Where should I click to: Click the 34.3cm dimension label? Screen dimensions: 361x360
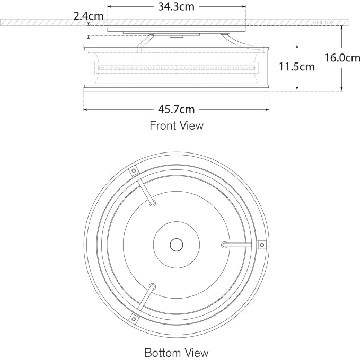tap(176, 7)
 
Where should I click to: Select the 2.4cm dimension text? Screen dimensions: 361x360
tap(89, 16)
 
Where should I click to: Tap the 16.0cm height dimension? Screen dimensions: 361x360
tap(342, 58)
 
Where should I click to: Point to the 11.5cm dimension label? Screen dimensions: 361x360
tap(297, 67)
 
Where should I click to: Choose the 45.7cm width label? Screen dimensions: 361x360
tap(177, 109)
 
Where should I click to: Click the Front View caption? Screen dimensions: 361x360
tap(177, 125)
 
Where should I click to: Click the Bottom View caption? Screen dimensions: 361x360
tap(177, 353)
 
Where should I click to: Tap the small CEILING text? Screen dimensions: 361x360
tap(322, 23)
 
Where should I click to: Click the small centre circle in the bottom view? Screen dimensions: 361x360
tap(177, 245)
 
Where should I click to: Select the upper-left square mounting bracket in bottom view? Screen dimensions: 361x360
tap(133, 170)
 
